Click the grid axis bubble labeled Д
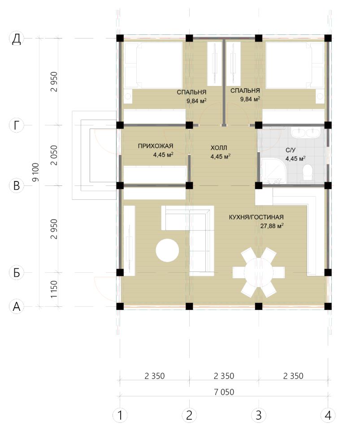[17, 39]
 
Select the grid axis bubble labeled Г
[17, 125]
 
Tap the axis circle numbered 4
[328, 416]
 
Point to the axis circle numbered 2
[189, 416]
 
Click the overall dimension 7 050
[224, 392]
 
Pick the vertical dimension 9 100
[36, 172]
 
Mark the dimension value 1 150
[54, 289]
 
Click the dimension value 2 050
[54, 155]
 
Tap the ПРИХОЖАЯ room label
[155, 146]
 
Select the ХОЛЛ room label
[219, 148]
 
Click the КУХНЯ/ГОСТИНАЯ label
[256, 217]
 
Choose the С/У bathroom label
[291, 150]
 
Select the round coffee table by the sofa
[167, 250]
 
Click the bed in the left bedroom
[153, 65]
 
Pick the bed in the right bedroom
[295, 65]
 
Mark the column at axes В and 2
[189, 185]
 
